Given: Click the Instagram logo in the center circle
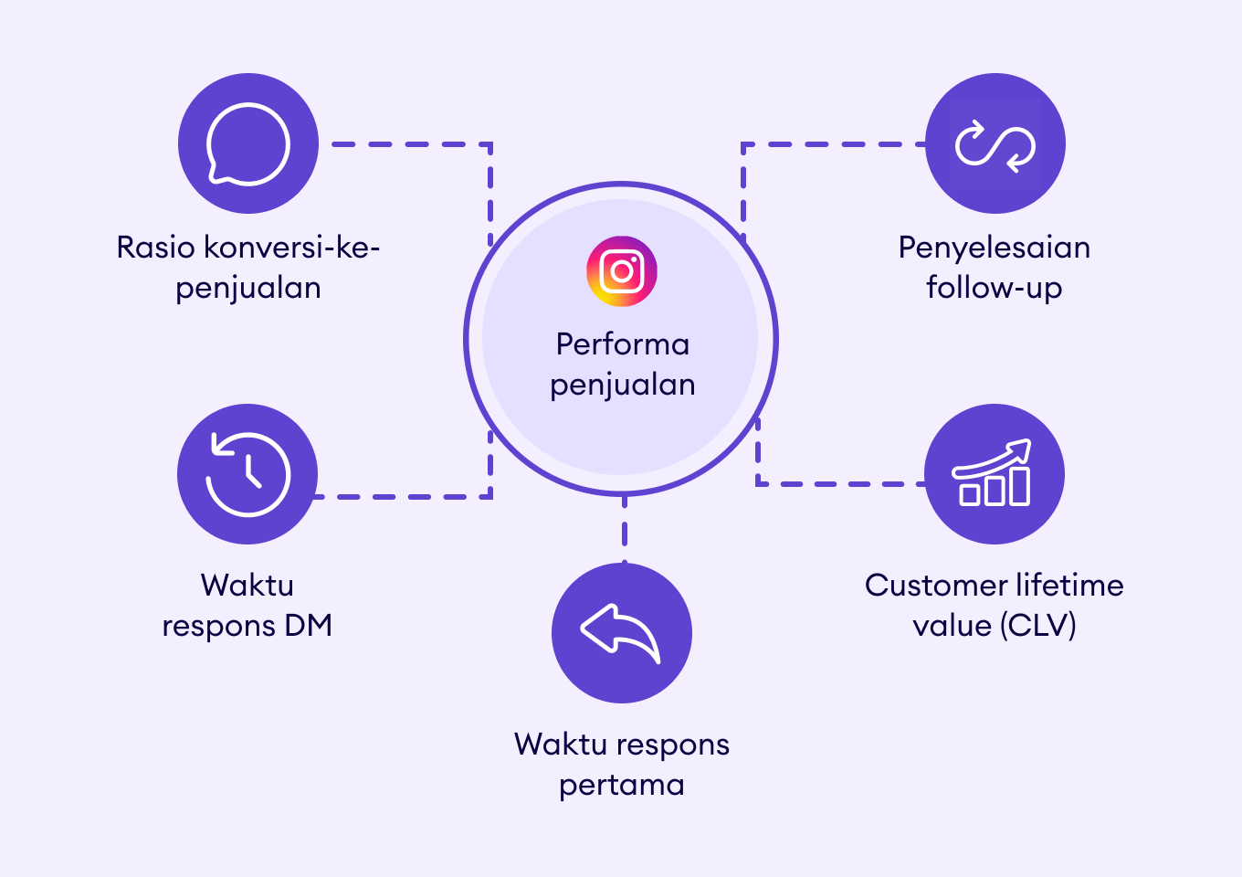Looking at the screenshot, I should (x=622, y=271).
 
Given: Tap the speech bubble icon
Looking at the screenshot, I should (x=247, y=144).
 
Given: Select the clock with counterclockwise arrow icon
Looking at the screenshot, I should (x=247, y=474).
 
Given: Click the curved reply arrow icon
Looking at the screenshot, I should (x=621, y=632).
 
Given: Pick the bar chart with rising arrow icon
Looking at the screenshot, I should (x=994, y=473).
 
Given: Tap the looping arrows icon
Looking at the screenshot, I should (x=995, y=144).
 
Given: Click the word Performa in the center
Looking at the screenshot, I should (x=622, y=344).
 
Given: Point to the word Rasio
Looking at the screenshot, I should (x=156, y=248).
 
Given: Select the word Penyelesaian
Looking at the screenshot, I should (x=994, y=248).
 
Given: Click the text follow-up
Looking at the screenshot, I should (x=994, y=288).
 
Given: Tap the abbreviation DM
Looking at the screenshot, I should (x=308, y=626).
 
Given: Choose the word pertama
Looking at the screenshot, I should (x=622, y=785).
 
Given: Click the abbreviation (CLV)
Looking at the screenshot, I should (x=1037, y=626).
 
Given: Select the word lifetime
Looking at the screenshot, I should (x=1069, y=586).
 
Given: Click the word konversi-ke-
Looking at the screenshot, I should (x=291, y=248).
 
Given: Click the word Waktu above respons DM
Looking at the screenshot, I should (x=247, y=586).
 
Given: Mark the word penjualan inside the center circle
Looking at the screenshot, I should (x=622, y=386).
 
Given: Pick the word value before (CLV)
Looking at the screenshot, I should (x=952, y=626).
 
